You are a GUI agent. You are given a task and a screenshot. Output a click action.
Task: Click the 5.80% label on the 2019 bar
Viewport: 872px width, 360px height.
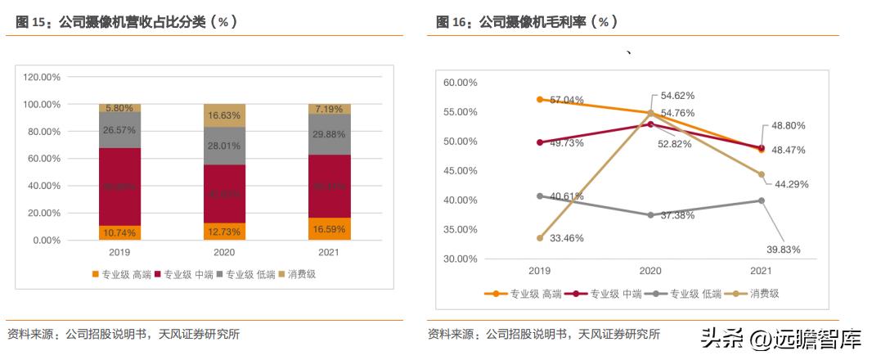click(119, 108)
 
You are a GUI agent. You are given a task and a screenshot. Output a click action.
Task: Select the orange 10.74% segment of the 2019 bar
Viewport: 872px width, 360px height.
click(119, 232)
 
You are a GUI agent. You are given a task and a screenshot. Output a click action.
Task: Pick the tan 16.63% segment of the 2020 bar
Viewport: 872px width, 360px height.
click(224, 115)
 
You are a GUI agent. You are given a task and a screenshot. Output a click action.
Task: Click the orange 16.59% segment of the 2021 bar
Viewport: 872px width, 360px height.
click(329, 229)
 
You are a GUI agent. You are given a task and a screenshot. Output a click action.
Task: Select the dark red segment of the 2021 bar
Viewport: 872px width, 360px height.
click(329, 186)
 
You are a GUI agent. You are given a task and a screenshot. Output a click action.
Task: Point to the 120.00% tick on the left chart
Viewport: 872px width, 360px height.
click(41, 77)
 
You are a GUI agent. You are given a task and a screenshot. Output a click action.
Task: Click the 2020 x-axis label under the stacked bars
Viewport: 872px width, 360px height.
click(224, 253)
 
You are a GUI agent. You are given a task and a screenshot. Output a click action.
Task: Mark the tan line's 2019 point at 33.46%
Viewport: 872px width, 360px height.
click(539, 238)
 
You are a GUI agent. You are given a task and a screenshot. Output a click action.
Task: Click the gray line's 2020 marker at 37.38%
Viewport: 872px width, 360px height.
click(650, 215)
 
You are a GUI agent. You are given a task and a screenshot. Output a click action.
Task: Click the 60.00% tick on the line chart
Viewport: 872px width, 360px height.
click(460, 83)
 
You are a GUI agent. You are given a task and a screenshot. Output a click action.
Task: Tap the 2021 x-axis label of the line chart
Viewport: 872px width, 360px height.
click(761, 270)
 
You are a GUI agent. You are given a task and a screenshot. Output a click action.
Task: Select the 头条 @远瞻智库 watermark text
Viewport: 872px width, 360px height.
click(781, 335)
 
